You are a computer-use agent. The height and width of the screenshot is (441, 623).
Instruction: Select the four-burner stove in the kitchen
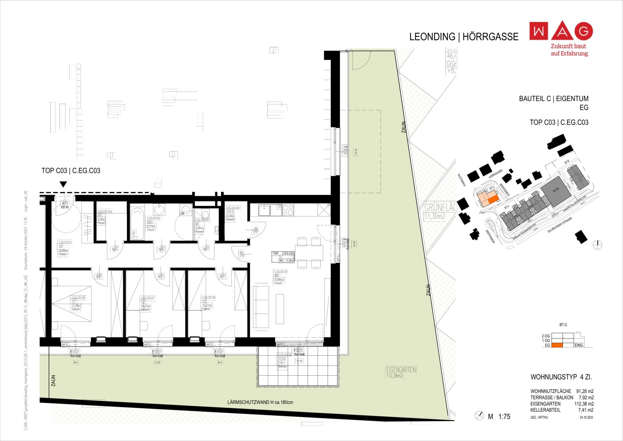pos(288,210)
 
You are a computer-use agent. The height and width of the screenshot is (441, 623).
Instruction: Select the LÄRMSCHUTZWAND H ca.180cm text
pos(260,403)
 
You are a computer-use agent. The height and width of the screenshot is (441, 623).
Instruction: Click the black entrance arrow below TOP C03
pos(63,184)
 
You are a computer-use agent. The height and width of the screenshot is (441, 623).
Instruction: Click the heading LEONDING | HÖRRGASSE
pos(463,37)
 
